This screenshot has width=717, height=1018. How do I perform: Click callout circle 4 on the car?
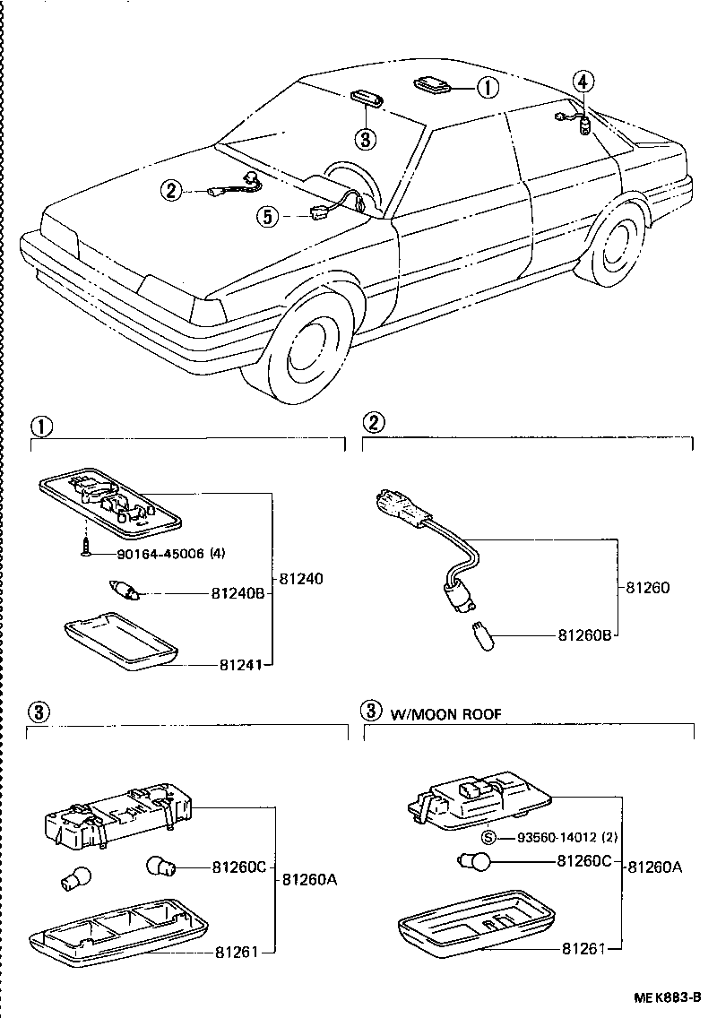click(583, 82)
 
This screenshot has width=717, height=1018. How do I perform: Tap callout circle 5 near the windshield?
click(266, 215)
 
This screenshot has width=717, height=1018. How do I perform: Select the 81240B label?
click(238, 592)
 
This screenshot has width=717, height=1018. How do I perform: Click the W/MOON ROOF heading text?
click(445, 713)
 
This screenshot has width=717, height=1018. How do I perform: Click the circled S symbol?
click(488, 838)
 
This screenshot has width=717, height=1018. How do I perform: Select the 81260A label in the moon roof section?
click(655, 867)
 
